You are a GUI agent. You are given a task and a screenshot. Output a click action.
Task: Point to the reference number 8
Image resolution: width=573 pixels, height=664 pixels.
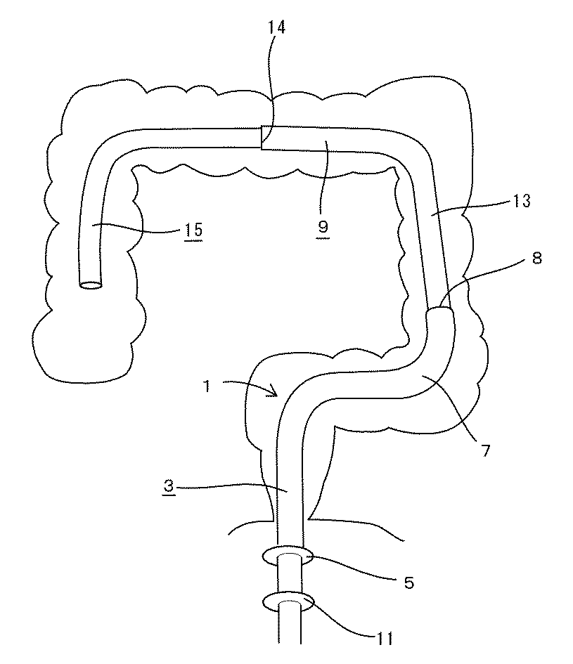tap(536, 259)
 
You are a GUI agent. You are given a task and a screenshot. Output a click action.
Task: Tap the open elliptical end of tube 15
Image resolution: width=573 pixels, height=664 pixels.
tap(90, 285)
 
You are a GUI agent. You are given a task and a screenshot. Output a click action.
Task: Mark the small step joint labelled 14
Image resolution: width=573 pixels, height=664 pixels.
tap(262, 137)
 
